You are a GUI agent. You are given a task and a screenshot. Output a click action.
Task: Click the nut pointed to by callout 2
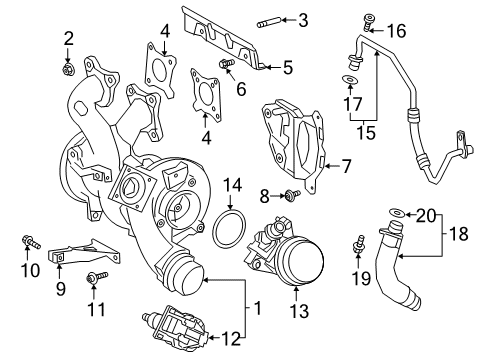[x=68, y=70]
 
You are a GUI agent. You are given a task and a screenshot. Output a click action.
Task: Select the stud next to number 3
[x=269, y=23]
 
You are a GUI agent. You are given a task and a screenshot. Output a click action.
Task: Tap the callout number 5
[x=288, y=67]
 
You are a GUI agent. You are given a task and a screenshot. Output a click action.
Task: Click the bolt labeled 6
[x=227, y=63]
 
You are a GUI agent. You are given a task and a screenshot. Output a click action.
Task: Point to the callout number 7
[x=346, y=166]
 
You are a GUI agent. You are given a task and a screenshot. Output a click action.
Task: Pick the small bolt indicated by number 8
[x=293, y=194]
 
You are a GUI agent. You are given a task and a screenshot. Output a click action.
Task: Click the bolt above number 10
[x=31, y=242]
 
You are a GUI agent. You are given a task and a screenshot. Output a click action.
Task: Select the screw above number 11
[x=97, y=277]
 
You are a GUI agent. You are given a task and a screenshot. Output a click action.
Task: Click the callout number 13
[x=299, y=311]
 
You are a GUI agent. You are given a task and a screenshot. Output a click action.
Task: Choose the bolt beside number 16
[x=368, y=22]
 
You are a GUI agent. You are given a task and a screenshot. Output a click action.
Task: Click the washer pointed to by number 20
[x=397, y=212]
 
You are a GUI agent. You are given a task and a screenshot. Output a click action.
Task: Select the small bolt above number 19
[x=359, y=245]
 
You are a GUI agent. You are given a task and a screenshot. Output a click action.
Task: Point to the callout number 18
[x=459, y=234]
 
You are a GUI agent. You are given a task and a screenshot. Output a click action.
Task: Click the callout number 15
[x=366, y=132]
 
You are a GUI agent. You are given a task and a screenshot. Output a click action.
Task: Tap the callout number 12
[x=231, y=338]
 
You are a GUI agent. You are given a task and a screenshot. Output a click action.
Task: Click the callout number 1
[x=257, y=308]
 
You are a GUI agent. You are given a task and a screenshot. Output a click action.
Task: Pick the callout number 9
[x=60, y=289]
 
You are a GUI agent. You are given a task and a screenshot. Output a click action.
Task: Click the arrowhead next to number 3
[x=284, y=20]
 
